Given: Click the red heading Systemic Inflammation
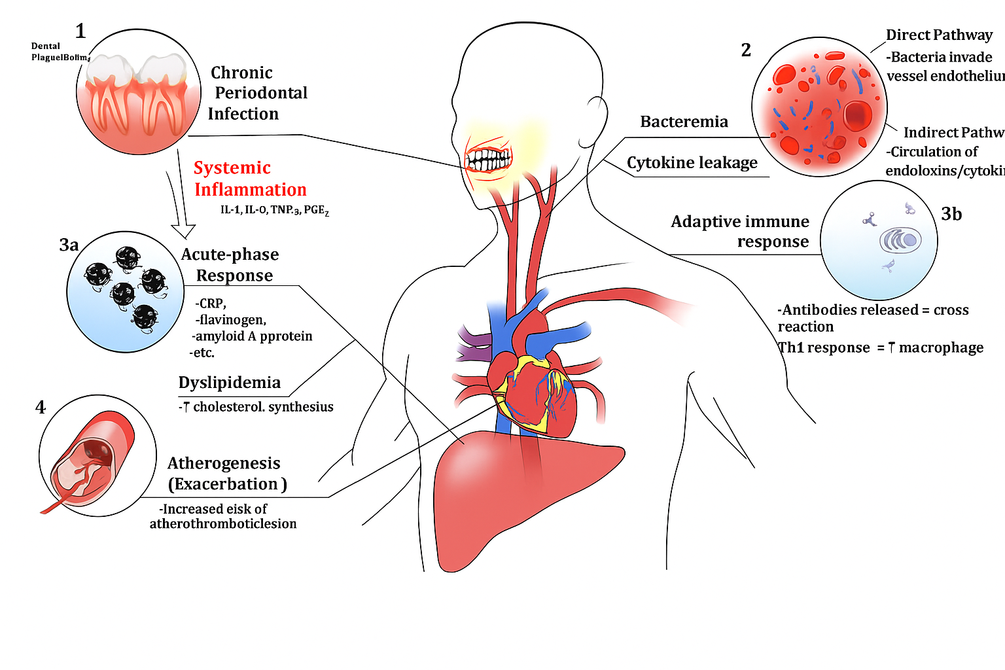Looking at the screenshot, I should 250,179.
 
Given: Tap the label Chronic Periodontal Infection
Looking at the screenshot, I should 258,93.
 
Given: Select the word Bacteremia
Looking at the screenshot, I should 684,122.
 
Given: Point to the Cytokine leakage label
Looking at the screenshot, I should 692,162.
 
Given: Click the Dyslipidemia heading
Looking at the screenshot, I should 229,383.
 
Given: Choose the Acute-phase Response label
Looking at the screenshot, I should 230,265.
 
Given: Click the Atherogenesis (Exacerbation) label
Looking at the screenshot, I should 226,474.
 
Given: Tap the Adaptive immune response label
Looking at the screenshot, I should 740,232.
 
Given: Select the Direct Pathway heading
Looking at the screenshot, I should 938,35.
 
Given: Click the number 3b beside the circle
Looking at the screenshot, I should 951,215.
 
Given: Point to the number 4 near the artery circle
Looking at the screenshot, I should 41,408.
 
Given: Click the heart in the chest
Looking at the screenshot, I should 531,389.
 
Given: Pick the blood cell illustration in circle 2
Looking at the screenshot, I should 819,107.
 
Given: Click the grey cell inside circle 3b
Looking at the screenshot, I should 900,241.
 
